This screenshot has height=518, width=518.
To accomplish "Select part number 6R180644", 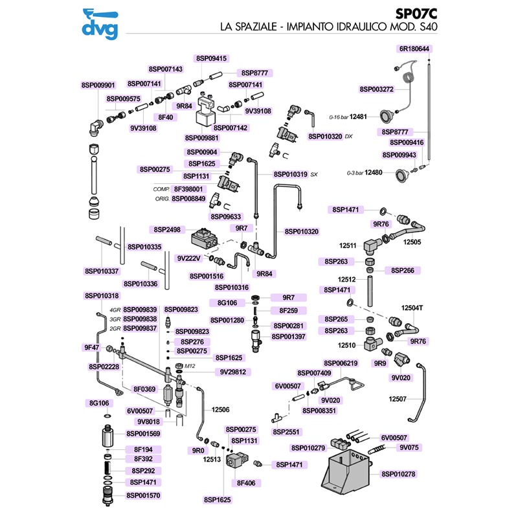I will pos(415,49).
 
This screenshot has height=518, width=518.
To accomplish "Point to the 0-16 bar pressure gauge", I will pos(387,117).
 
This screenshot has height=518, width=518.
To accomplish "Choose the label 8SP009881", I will pos(202,138).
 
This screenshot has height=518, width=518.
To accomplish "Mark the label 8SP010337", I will pos(102,271).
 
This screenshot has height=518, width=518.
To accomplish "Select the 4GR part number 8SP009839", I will pos(140,310).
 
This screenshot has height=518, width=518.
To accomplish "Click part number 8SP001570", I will pos(143,495).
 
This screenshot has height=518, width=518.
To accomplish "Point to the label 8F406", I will pos(246,483).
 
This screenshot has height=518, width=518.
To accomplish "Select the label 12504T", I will pos(412,308).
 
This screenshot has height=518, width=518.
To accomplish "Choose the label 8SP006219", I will pos(341,363).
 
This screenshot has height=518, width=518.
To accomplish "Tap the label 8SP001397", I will pos(289,336).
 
